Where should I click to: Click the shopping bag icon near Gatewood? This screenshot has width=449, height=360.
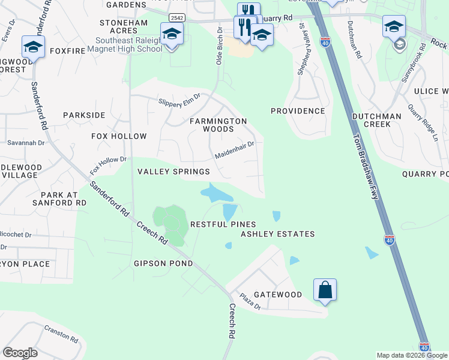[x=325, y=290]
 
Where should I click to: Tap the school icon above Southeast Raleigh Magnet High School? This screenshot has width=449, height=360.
[x=172, y=34]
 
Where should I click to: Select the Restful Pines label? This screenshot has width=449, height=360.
[x=215, y=224]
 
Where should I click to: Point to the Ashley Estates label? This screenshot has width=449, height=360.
[x=277, y=234]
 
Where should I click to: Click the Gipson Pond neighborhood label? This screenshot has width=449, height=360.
[x=163, y=263]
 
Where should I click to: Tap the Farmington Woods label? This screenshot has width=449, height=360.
[x=218, y=125]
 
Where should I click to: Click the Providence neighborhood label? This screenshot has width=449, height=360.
[x=298, y=111]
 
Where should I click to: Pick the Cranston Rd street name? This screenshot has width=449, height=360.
[x=62, y=334]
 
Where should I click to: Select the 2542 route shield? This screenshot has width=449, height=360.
[x=177, y=17]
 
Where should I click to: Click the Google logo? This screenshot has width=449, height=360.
[x=20, y=353]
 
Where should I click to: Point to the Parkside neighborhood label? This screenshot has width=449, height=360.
[x=84, y=115]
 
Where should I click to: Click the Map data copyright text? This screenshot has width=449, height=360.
[x=412, y=355]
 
